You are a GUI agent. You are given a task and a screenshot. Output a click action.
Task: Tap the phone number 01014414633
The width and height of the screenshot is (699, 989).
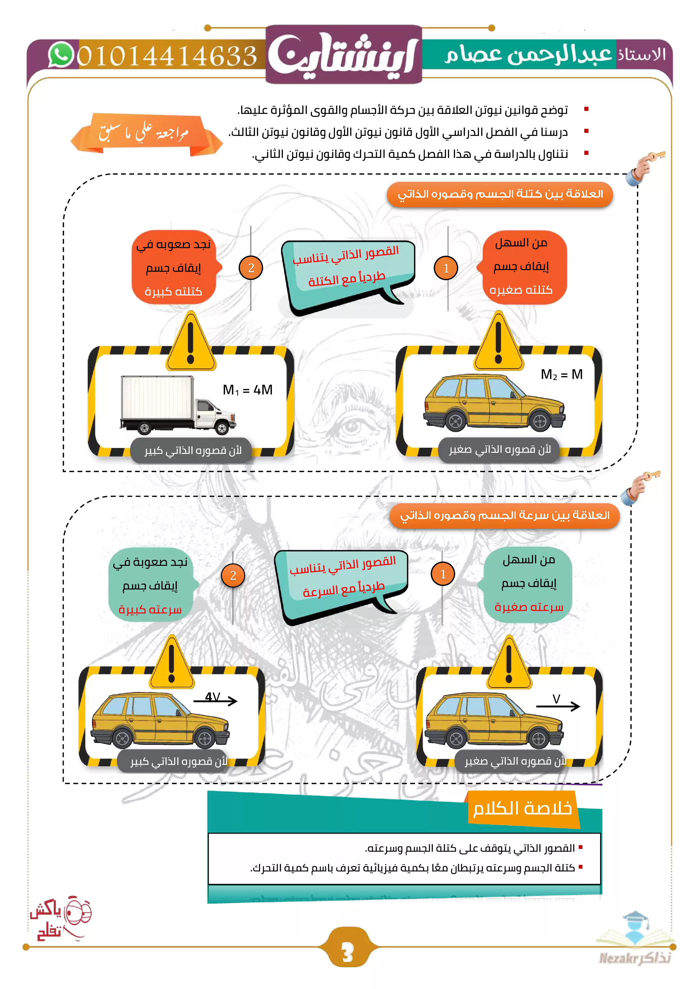tap(167, 56)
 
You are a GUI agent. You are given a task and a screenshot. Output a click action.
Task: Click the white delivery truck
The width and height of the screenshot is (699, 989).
tap(177, 405)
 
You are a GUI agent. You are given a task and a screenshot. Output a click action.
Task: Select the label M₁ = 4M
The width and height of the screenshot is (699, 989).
tap(247, 390)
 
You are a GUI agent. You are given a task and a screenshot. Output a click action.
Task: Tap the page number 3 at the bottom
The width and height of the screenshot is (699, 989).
tap(347, 952)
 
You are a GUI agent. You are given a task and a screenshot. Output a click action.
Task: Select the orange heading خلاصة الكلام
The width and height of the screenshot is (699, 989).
tap(522, 809)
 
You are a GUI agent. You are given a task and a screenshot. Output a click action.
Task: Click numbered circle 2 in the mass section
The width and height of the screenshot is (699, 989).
tap(251, 268)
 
